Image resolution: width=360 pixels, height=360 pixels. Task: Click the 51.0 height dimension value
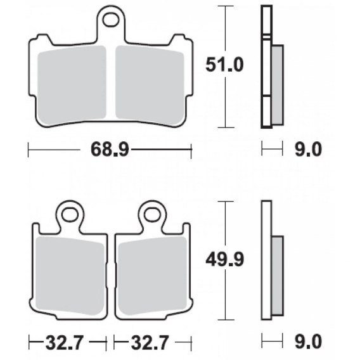pyautogui.click(x=224, y=65)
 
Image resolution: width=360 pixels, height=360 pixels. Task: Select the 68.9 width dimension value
pyautogui.click(x=110, y=149)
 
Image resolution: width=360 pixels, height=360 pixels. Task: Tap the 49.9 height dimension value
pyautogui.click(x=224, y=260)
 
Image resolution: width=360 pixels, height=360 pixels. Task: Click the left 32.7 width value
pyautogui.click(x=64, y=342)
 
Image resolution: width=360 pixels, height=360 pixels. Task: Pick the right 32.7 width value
pyautogui.click(x=150, y=342)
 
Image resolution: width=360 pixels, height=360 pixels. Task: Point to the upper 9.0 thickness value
pyautogui.click(x=308, y=149)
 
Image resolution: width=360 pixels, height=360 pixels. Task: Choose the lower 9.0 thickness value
pyautogui.click(x=308, y=342)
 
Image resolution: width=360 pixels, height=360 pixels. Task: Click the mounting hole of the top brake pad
pyautogui.click(x=111, y=20)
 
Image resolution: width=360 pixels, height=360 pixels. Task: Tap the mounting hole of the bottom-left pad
pyautogui.click(x=70, y=215)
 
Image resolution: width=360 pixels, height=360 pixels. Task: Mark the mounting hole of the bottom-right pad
pyautogui.click(x=152, y=215)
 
